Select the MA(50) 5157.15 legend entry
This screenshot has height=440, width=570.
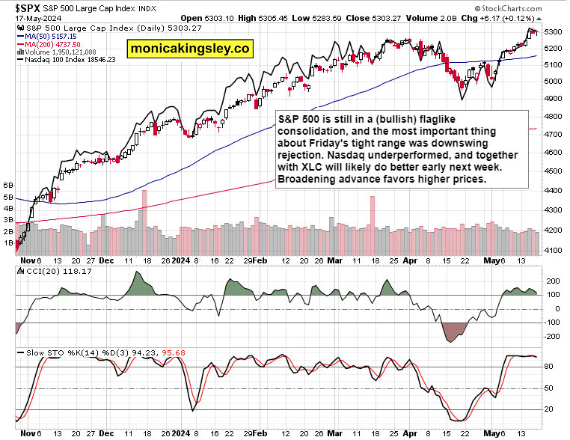pyautogui.click(x=52, y=36)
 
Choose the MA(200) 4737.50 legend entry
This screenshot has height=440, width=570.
pyautogui.click(x=53, y=44)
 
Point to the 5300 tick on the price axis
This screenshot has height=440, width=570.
pyautogui.click(x=554, y=31)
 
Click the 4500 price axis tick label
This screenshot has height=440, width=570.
pyautogui.click(x=554, y=171)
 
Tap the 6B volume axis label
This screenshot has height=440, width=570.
pyautogui.click(x=9, y=184)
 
